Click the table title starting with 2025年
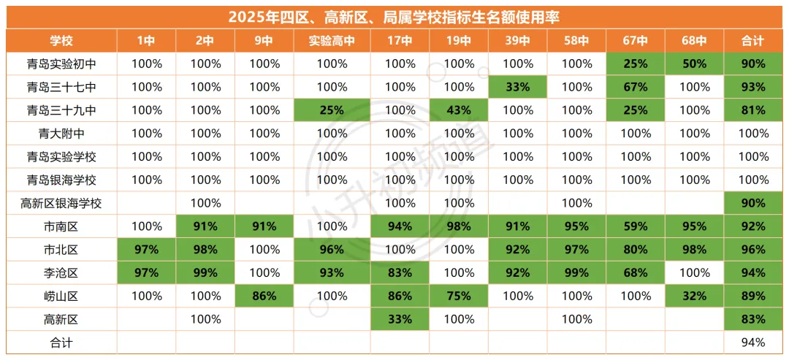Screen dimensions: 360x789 394,17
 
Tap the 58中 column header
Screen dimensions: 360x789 576,41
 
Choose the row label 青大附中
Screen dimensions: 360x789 61,134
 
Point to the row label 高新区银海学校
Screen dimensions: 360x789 61,203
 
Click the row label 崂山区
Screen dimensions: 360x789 61,296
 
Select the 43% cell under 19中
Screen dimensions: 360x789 459,110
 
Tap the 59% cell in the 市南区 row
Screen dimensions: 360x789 636,226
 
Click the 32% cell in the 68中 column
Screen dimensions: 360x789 694,296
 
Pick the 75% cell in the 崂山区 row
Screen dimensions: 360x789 459,296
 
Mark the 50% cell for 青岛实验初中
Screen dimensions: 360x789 694,64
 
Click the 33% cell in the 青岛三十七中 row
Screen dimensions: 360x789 518,87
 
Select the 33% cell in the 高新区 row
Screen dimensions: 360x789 400,319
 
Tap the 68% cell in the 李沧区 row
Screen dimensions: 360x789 636,273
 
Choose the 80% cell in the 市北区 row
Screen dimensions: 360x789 636,250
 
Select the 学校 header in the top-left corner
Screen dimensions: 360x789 61,41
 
